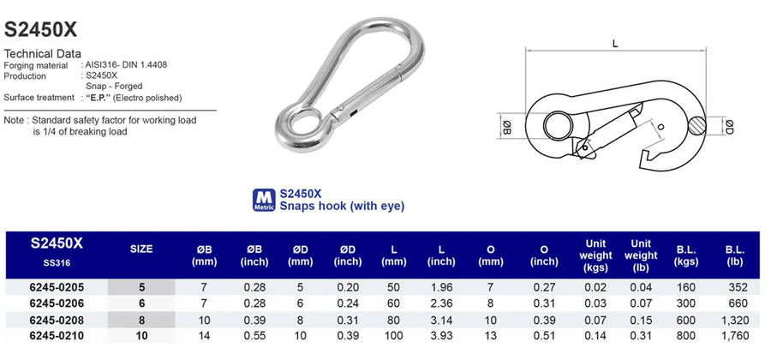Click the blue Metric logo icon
[264, 201]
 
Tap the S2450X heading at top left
[41, 30]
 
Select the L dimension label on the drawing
[615, 44]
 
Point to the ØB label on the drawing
[507, 126]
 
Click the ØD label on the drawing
[730, 126]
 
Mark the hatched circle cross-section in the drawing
[696, 126]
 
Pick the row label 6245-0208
[57, 321]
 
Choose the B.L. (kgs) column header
[686, 255]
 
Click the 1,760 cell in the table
[736, 336]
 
